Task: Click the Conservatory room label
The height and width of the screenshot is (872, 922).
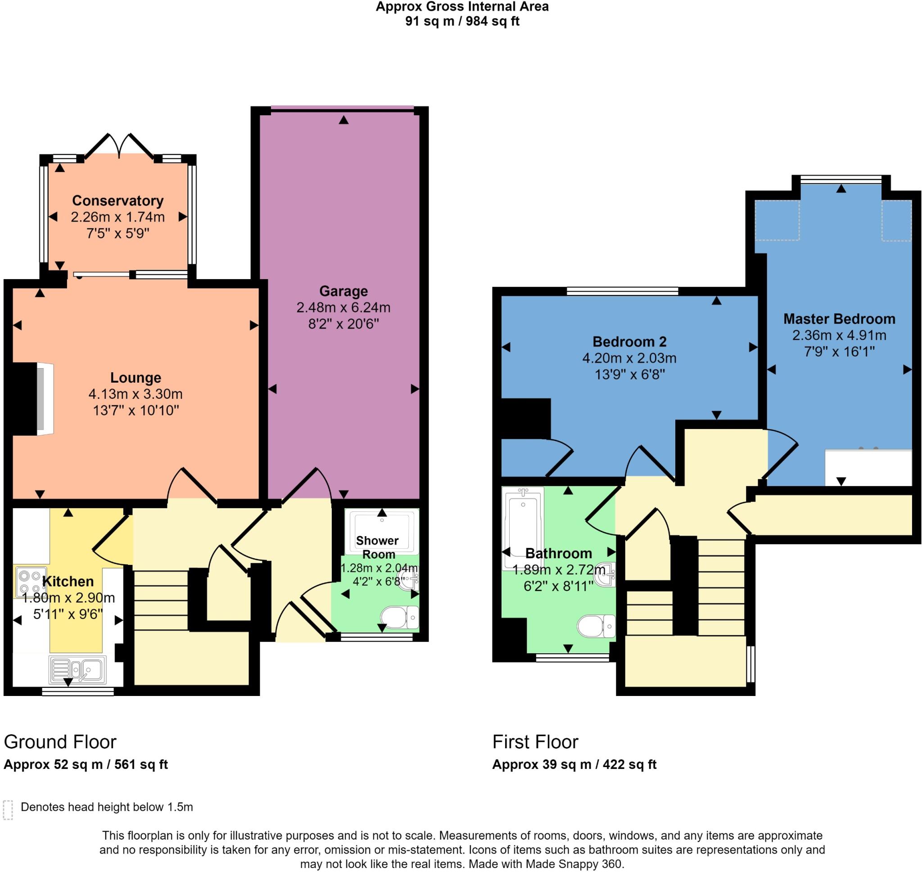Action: point(118,201)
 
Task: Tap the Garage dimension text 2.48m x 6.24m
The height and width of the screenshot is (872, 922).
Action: point(343,307)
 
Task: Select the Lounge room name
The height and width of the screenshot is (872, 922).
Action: point(135,377)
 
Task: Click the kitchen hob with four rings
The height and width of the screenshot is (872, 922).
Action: point(30,582)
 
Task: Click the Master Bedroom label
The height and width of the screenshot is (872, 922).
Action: point(839,319)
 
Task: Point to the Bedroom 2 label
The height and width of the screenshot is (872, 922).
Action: point(629,342)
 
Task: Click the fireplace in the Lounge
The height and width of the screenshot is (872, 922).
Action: point(45,399)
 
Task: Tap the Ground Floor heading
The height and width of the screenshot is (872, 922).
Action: point(60,742)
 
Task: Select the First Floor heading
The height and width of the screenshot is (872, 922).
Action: point(535,742)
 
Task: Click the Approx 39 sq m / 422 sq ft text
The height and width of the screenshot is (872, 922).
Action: point(574,764)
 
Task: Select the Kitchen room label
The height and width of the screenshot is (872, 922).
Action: point(68,582)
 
